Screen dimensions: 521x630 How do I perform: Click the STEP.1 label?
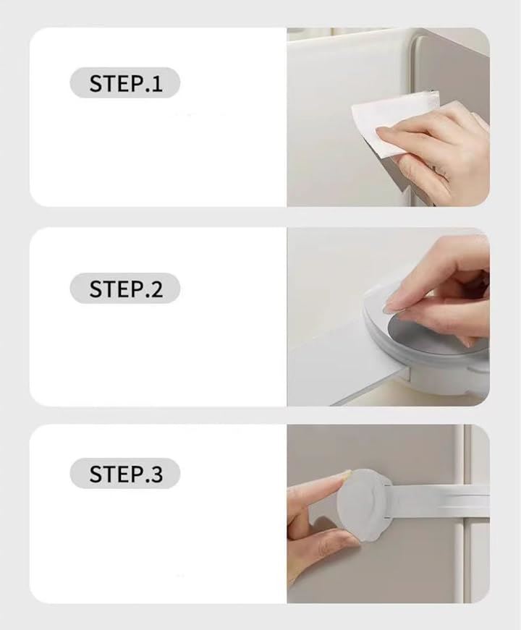tap(124, 82)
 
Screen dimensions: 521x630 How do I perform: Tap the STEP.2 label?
tap(124, 289)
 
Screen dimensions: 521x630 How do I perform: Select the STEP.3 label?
tap(124, 473)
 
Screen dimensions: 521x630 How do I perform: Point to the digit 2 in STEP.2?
tap(156, 289)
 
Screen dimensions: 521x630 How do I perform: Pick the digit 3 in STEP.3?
tap(157, 474)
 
